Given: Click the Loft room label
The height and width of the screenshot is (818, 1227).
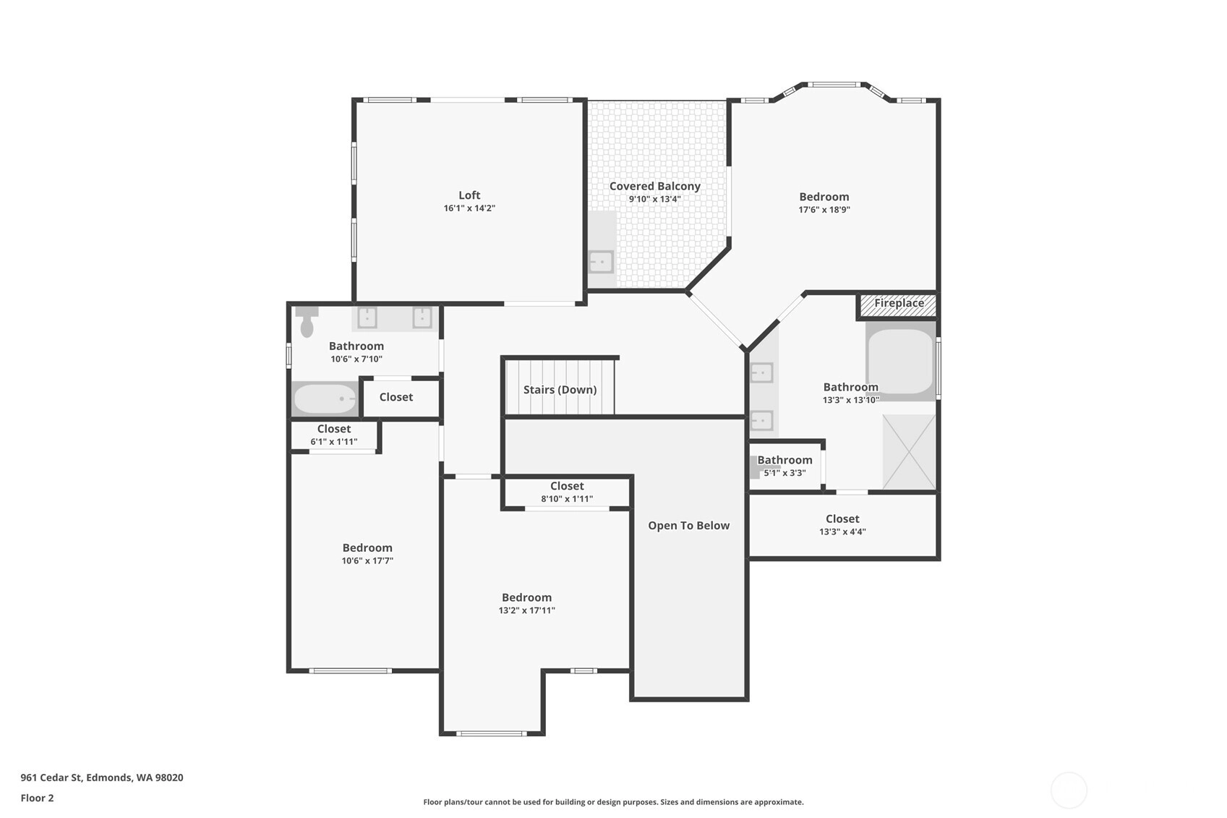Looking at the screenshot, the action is [x=469, y=195].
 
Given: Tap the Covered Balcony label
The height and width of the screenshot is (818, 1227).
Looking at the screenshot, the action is [x=655, y=187].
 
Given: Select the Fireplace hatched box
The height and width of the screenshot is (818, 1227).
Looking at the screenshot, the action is [x=898, y=306].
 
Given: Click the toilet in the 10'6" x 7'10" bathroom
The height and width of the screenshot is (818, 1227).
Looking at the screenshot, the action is [x=307, y=322].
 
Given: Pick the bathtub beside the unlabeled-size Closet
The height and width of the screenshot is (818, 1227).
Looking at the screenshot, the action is [x=325, y=399].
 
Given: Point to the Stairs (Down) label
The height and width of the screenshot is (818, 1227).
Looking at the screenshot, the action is [x=560, y=390].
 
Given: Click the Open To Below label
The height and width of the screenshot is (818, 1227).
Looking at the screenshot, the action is [x=688, y=525].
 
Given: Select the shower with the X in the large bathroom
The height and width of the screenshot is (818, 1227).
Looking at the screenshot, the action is [x=909, y=452].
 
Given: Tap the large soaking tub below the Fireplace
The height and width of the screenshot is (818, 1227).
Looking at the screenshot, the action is [x=900, y=361].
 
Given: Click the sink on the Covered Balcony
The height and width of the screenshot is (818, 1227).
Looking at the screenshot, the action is [x=601, y=262].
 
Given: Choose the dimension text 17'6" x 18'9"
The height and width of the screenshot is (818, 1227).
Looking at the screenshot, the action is [x=824, y=209].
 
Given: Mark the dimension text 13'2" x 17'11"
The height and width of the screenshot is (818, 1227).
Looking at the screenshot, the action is [x=527, y=610].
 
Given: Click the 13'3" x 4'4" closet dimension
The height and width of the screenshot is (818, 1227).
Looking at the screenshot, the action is [x=842, y=532].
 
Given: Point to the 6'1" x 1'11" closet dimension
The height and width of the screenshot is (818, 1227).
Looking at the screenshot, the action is [x=334, y=442].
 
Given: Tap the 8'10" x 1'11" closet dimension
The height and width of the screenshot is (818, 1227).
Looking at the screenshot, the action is [x=567, y=498].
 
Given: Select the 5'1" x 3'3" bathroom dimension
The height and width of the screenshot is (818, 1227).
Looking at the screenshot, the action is [x=785, y=473].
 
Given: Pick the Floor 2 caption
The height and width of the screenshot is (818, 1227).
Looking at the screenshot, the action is [x=38, y=798].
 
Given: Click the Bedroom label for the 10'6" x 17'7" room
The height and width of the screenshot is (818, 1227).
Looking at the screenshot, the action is [x=367, y=548].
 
